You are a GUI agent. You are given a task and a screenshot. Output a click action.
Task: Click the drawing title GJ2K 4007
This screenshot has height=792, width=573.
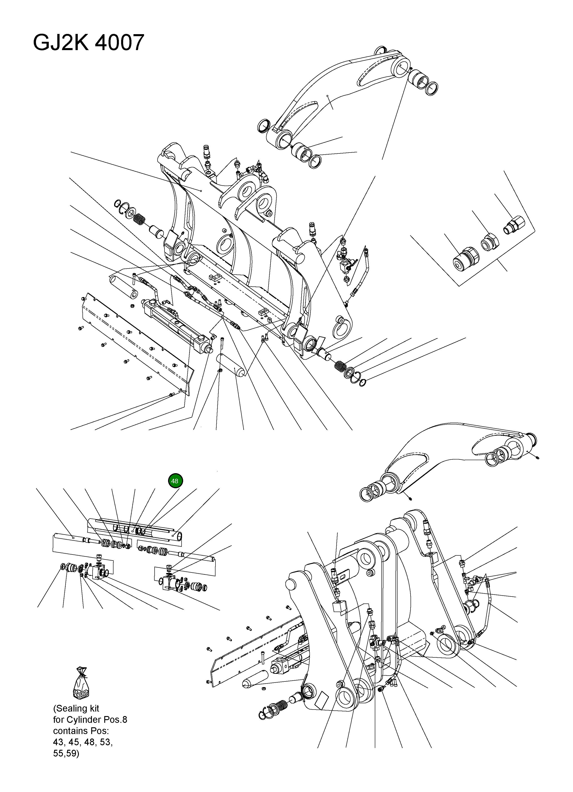tap(88, 43)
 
